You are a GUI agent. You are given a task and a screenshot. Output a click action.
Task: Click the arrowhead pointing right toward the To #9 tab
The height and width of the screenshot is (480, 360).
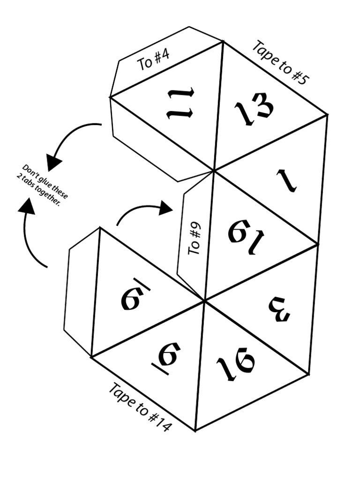165,207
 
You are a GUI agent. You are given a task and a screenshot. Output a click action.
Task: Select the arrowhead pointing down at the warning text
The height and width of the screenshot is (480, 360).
53,162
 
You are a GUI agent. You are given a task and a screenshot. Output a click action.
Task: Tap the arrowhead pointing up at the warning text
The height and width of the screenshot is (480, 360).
27,206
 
